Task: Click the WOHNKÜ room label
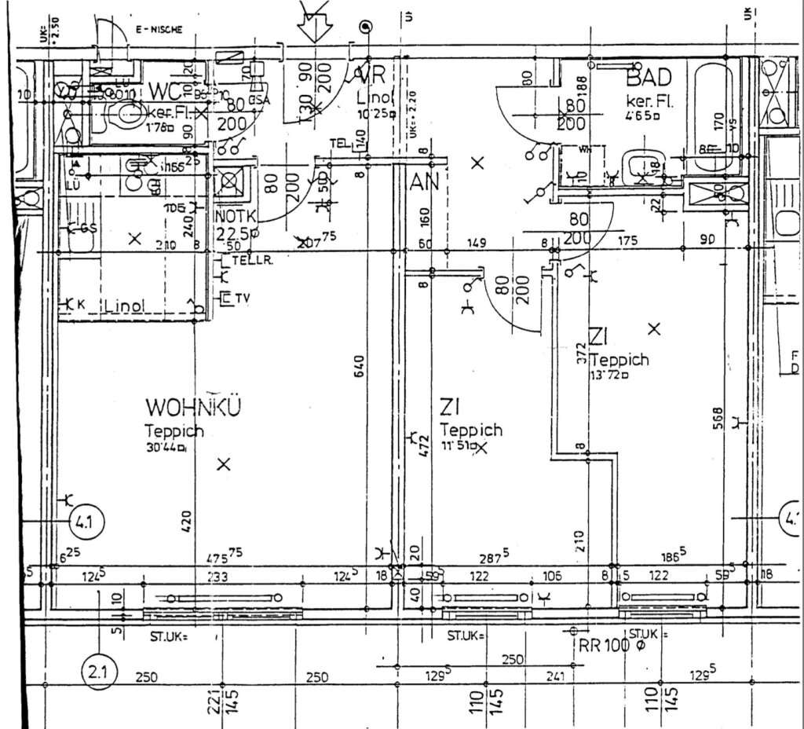pos(192,408)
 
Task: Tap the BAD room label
pos(649,78)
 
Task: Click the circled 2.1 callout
pos(99,673)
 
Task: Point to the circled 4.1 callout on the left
pos(84,520)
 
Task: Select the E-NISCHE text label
pos(159,30)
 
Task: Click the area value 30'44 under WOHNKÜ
pos(164,448)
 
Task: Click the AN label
pos(424,183)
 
